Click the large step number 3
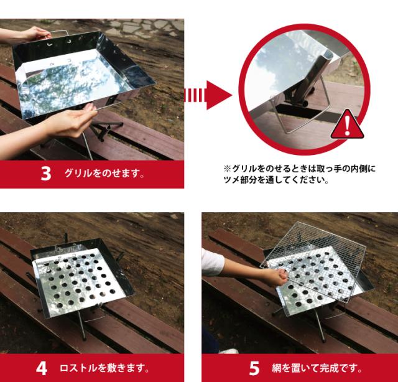pyautogui.click(x=45, y=174)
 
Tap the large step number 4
pyautogui.click(x=42, y=368)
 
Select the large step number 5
pyautogui.click(x=254, y=368)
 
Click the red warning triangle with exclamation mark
pyautogui.click(x=347, y=124)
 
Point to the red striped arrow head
pyautogui.click(x=218, y=95)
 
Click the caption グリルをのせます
pyautogui.click(x=104, y=174)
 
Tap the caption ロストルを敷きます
pyautogui.click(x=104, y=368)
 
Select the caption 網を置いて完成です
pyautogui.click(x=317, y=368)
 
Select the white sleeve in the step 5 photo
pyautogui.click(x=212, y=262)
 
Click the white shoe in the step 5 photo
pyautogui.click(x=228, y=352)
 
